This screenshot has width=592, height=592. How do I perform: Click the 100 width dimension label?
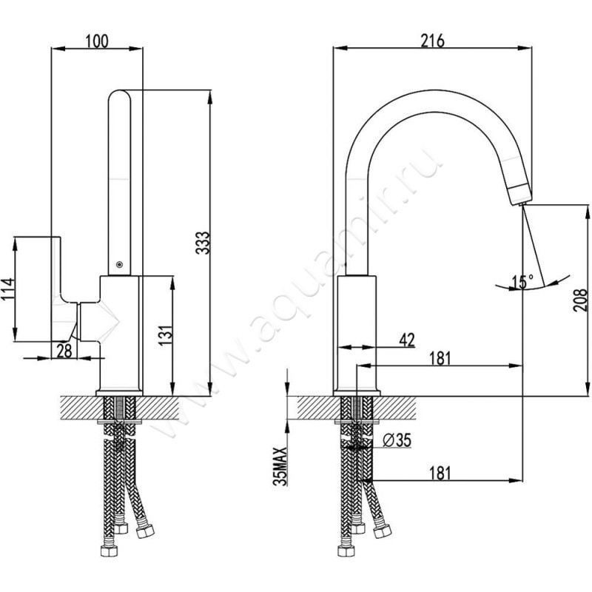point(96,41)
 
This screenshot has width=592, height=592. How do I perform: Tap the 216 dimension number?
point(433,41)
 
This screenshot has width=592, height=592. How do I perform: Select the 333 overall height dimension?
point(203,243)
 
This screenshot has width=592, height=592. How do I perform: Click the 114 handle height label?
point(7,289)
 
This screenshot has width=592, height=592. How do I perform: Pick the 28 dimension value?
point(64,351)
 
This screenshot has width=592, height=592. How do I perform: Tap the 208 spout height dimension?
point(580,300)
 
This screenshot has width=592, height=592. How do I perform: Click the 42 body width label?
point(406,340)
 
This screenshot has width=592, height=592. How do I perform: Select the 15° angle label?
point(522,281)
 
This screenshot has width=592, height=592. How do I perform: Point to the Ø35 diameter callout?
point(397,440)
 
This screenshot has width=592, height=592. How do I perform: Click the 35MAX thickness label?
point(280,466)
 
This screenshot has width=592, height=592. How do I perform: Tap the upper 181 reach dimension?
point(440,358)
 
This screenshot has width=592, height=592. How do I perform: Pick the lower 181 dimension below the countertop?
point(440,473)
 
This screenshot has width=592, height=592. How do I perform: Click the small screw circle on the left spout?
point(119,264)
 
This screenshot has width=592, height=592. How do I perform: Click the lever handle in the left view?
point(64,289)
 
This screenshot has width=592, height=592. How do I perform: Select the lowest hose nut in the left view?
point(109,551)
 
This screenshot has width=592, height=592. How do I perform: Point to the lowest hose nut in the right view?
point(346,551)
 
